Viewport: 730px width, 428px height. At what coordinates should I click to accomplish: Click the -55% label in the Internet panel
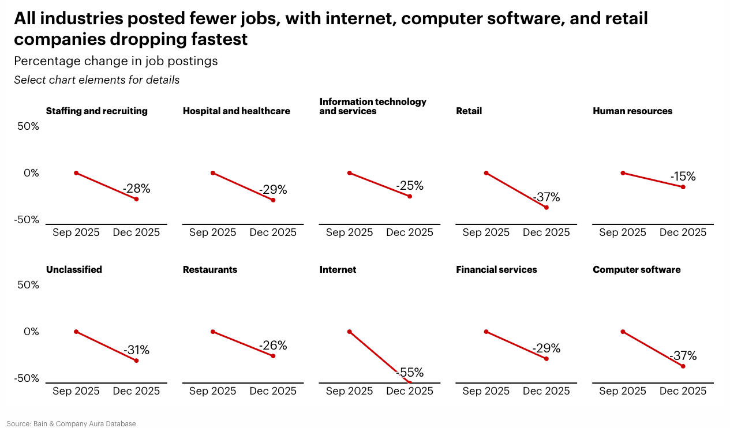[410, 373]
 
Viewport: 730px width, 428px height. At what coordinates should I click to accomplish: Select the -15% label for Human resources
[683, 177]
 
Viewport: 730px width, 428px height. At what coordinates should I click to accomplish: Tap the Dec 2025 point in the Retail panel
[546, 208]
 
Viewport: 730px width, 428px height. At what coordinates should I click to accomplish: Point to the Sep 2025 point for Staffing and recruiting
[76, 173]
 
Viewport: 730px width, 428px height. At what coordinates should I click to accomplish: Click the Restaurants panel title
[210, 269]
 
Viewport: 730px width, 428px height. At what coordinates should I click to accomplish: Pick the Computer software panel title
[637, 269]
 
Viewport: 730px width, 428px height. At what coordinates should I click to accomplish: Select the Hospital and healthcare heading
[237, 111]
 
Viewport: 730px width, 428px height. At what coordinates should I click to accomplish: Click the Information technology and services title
[373, 106]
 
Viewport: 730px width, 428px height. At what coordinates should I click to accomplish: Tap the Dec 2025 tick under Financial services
[546, 391]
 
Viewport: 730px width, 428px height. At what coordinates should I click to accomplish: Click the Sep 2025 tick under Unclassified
[76, 391]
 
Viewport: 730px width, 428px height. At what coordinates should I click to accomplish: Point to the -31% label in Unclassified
[136, 350]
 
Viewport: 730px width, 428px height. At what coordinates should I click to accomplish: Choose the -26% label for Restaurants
[273, 346]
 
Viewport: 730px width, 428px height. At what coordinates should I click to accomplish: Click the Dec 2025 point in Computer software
[683, 366]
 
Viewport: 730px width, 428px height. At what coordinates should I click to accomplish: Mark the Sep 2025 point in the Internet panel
[350, 332]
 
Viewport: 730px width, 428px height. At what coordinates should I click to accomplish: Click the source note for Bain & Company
[72, 424]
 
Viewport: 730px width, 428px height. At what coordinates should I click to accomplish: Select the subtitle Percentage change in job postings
[116, 61]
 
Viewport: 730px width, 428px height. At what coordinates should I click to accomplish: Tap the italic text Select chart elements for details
[97, 80]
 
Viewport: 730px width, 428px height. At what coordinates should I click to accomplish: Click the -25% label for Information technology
[410, 186]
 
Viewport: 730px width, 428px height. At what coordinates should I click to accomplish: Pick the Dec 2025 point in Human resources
[683, 187]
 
